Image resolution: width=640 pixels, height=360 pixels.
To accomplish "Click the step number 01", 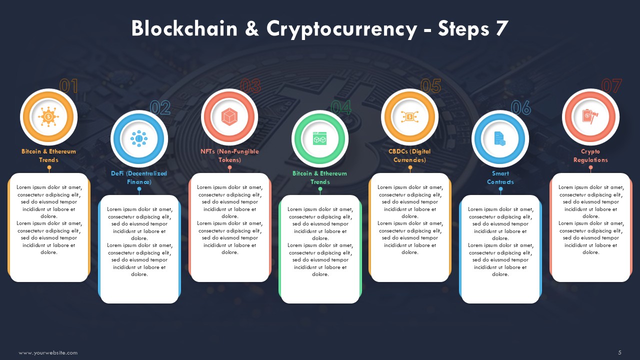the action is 68,86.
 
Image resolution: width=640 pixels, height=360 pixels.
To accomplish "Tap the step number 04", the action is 341,107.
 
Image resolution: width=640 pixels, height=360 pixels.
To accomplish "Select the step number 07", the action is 611,86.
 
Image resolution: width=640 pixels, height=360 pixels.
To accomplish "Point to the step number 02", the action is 160,107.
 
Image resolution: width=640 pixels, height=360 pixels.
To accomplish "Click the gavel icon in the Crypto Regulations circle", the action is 590,116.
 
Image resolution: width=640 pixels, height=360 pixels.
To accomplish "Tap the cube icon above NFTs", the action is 229,116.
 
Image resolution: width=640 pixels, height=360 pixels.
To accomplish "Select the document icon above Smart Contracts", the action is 499,138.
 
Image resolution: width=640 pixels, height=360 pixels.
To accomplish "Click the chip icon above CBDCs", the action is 409,117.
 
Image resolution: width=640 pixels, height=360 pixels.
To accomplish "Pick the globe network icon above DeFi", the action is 139,138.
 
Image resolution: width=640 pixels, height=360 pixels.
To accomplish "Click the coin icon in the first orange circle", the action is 48,116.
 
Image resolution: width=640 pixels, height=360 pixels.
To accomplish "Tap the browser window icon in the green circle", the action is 319,138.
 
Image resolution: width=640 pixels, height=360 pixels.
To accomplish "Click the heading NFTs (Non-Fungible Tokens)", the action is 229,155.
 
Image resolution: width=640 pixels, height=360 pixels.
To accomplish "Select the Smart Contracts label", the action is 500,177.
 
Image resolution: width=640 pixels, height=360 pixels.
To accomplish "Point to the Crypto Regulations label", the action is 590,155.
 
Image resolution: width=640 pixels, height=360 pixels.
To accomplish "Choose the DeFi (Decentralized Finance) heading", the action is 139,177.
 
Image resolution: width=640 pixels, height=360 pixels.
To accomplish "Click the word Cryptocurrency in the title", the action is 341,29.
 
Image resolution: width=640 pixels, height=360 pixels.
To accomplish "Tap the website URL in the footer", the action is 48,353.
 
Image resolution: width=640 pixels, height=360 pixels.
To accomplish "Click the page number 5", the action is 619,352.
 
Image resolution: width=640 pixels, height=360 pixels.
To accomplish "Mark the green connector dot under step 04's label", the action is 320,189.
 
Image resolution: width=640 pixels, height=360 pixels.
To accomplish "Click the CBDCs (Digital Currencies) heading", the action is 409,155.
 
